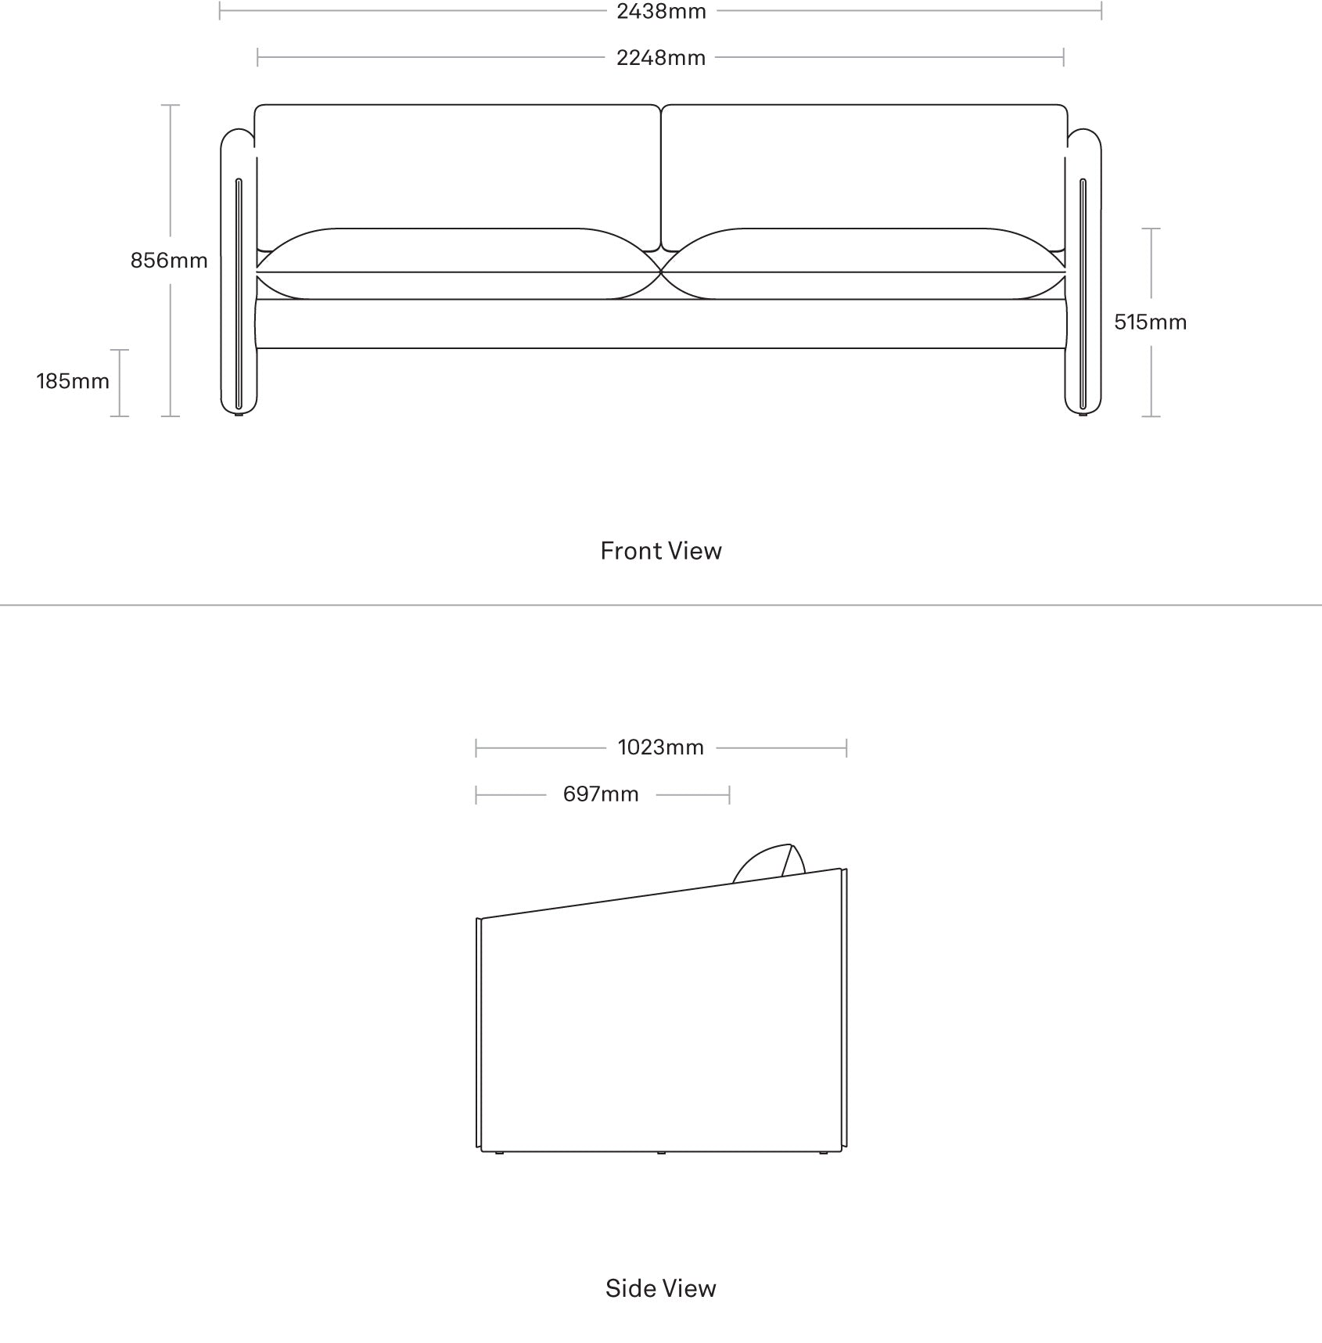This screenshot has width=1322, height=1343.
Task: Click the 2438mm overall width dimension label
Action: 661,12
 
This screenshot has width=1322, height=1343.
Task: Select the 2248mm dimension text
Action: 661,58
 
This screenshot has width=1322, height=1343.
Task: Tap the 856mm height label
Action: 169,261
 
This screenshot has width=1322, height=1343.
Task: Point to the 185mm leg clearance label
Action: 73,381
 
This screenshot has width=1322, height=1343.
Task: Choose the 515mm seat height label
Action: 1150,322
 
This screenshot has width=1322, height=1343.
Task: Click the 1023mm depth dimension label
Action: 661,747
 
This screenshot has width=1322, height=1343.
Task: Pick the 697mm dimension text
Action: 601,794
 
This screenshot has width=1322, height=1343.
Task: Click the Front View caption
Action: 661,551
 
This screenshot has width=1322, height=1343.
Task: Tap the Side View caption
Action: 661,1288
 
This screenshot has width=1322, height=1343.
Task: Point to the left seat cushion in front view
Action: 459,264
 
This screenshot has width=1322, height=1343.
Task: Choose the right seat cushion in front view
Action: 863,264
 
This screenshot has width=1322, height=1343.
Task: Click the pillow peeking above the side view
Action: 770,864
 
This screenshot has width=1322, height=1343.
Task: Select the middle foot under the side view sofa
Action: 661,1153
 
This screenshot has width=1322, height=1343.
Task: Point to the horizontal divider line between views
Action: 661,605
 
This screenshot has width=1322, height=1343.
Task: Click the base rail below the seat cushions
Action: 661,324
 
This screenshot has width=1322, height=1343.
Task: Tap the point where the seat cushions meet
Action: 662,272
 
